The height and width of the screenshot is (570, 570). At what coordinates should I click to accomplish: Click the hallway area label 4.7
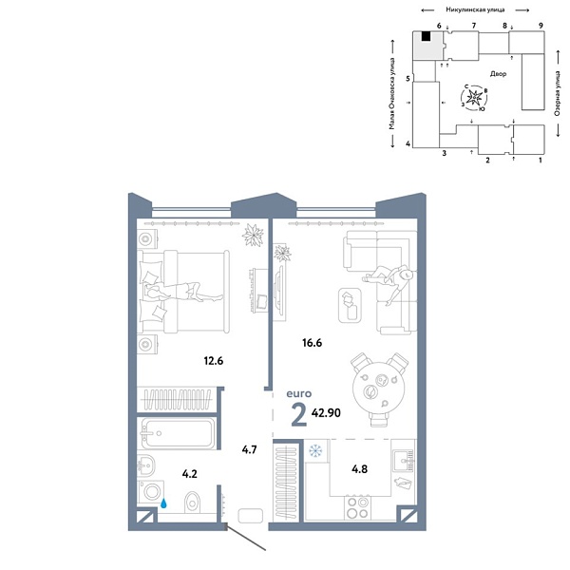point(248,452)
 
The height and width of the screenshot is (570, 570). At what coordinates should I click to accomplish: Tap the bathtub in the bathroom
point(179,434)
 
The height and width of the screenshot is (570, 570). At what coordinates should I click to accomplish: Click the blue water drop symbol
point(165,504)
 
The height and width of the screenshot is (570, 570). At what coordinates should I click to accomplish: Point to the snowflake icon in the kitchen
point(316,449)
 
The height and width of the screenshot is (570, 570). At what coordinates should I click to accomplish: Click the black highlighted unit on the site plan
point(427,36)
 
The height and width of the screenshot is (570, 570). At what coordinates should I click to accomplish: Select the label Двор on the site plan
point(500,73)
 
